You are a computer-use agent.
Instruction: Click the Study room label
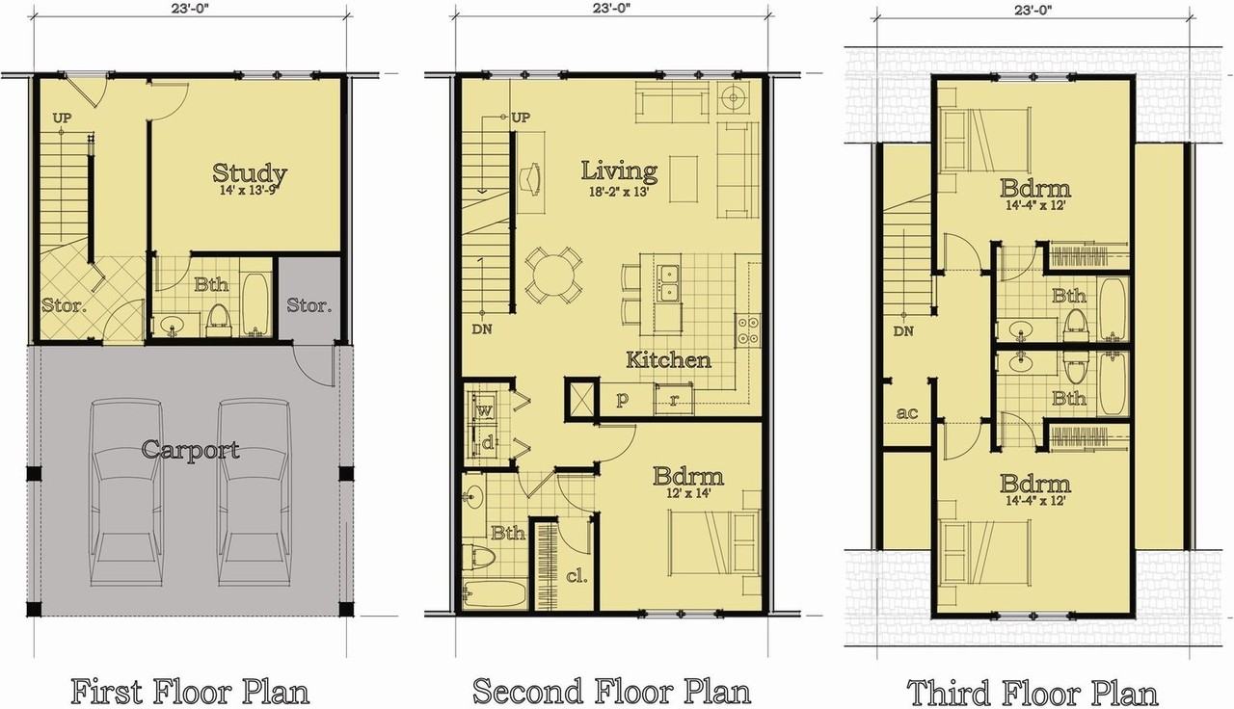click(250, 172)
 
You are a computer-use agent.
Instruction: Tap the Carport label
click(190, 450)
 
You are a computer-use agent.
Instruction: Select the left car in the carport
click(126, 492)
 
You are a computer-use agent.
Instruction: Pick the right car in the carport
click(255, 492)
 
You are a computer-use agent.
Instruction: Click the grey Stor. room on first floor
click(309, 305)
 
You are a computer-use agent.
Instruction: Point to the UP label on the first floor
click(62, 118)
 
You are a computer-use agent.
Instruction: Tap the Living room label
click(619, 171)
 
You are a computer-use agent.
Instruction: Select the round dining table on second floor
click(553, 275)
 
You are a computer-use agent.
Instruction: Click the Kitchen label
click(669, 360)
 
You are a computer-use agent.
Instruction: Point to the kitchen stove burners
click(748, 329)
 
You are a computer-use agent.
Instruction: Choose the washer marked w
click(484, 410)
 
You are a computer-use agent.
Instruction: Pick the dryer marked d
click(487, 442)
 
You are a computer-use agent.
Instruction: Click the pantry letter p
click(622, 399)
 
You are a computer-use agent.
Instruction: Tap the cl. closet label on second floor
click(577, 576)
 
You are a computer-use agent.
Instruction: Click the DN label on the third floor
click(903, 330)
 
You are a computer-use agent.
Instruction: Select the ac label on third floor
click(907, 412)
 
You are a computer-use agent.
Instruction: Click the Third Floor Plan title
click(1032, 692)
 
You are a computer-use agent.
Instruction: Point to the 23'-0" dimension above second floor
click(611, 8)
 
